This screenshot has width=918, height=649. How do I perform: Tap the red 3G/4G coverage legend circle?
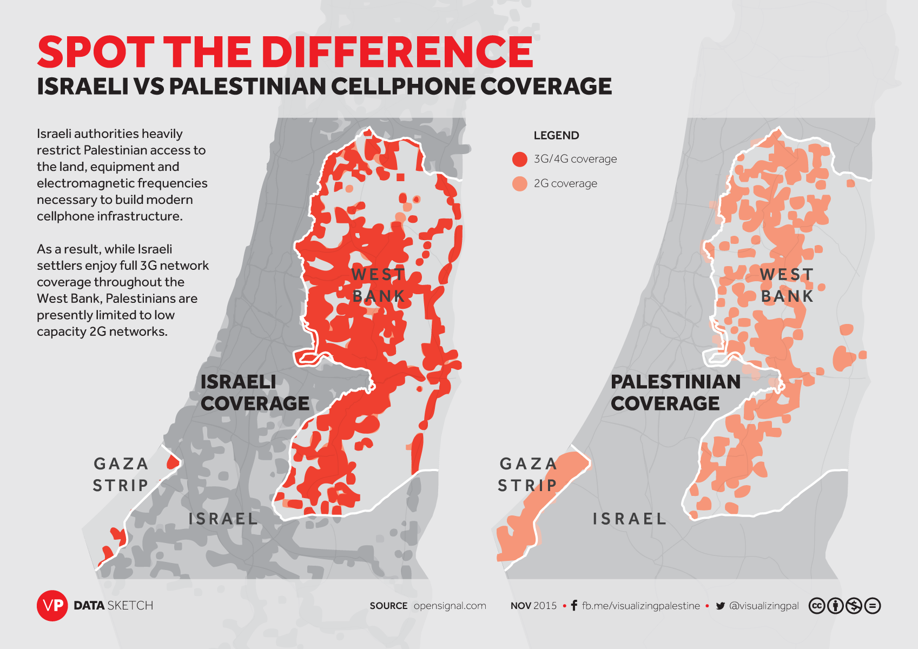pyautogui.click(x=519, y=159)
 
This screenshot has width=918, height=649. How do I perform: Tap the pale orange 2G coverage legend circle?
pyautogui.click(x=519, y=183)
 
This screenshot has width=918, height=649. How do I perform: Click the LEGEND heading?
pyautogui.click(x=556, y=135)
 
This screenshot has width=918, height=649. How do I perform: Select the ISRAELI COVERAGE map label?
pyautogui.click(x=254, y=393)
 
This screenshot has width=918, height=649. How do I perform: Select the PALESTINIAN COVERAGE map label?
pyautogui.click(x=675, y=393)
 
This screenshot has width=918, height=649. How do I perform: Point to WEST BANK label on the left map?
pyautogui.click(x=378, y=286)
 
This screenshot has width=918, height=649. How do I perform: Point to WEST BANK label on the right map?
pyautogui.click(x=787, y=286)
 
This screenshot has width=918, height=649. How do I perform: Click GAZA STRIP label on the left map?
pyautogui.click(x=121, y=474)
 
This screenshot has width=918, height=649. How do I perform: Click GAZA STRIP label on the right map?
pyautogui.click(x=527, y=474)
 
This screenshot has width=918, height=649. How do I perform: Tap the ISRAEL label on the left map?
pyautogui.click(x=223, y=519)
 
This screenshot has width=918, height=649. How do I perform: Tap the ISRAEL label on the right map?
pyautogui.click(x=629, y=519)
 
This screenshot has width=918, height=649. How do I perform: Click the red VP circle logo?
pyautogui.click(x=52, y=605)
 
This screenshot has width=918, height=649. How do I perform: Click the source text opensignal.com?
pyautogui.click(x=450, y=606)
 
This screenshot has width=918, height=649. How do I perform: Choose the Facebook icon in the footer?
pyautogui.click(x=574, y=606)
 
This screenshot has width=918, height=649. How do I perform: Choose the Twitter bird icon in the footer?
pyautogui.click(x=720, y=606)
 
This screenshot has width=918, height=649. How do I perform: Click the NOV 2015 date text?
pyautogui.click(x=533, y=606)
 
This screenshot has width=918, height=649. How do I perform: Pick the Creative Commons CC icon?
pyautogui.click(x=816, y=606)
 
